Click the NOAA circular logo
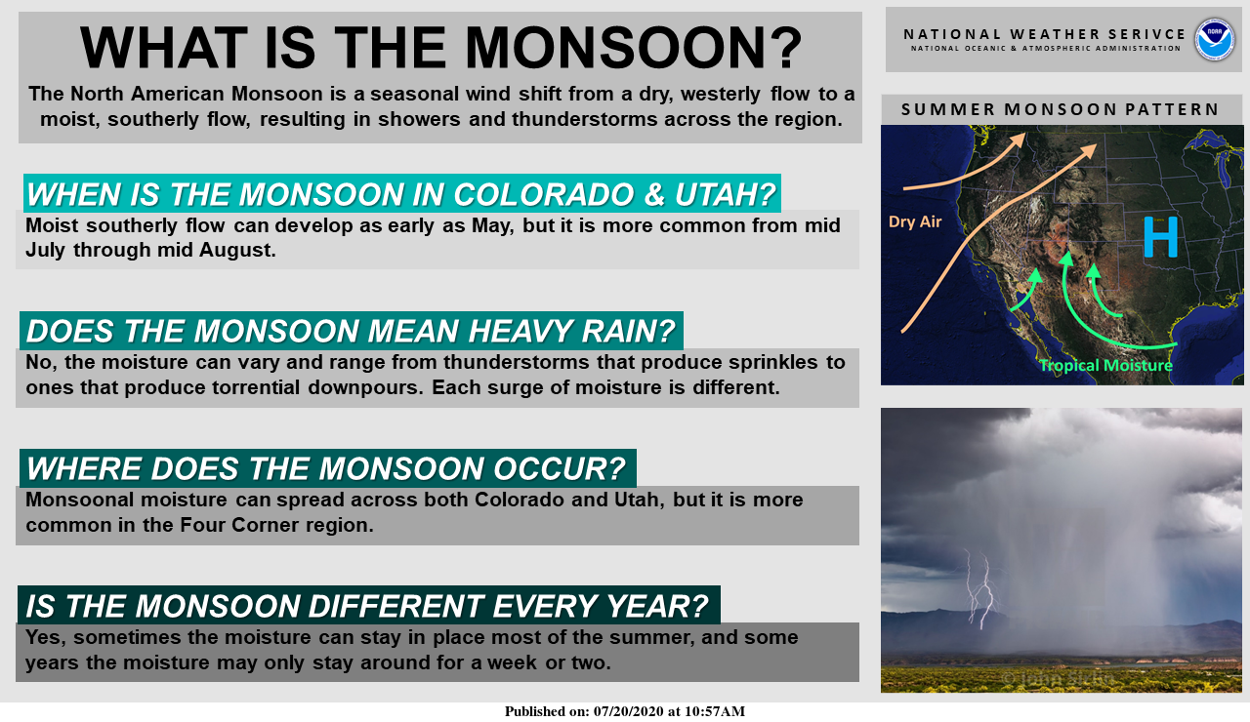(x=1214, y=39)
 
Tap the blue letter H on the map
(x=1160, y=236)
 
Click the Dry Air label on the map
(x=915, y=221)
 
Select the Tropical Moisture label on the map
(x=1105, y=366)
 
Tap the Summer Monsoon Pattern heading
(x=1061, y=109)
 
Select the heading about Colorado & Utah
(x=400, y=194)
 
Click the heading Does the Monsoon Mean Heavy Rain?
(x=351, y=332)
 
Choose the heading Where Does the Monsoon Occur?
(x=326, y=469)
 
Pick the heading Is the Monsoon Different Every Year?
(x=367, y=606)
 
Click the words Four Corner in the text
(x=231, y=525)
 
